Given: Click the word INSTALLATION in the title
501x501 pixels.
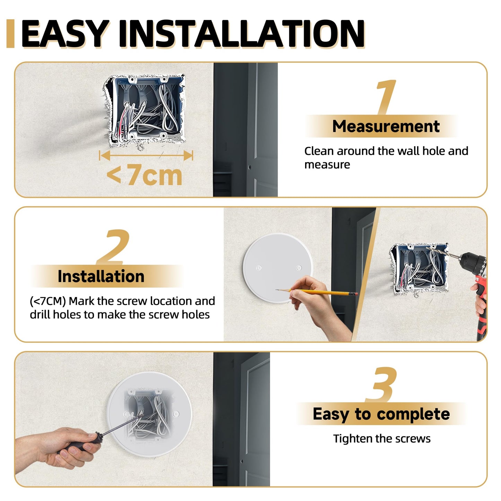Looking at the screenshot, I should pos(241,34).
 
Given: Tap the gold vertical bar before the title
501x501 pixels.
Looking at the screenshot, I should pos(10,34).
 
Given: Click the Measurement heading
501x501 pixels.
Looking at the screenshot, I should pos(386,126).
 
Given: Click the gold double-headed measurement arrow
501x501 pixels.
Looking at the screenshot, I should pos(146,155).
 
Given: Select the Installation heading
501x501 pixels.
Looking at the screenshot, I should pos(101,276).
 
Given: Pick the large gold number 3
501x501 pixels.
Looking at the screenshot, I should pos(381,384).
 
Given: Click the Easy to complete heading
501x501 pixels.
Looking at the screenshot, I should pos(381,414).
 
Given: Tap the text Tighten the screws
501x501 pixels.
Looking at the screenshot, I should pos(382,439).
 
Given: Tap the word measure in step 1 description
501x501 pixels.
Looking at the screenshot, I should pos(327,165).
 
